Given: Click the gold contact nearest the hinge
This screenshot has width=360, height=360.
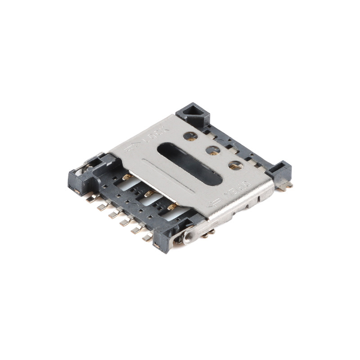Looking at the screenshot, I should tap(171, 207).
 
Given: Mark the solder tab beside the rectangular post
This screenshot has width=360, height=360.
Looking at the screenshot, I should tap(286, 184).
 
